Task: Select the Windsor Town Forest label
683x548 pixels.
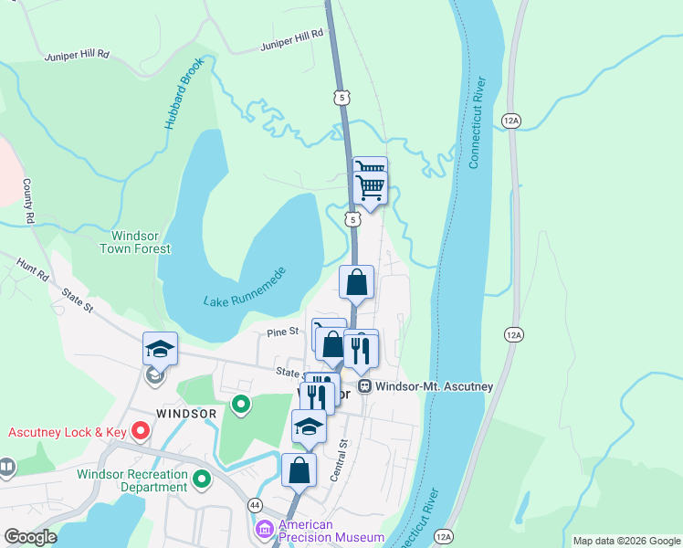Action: [x=134, y=241]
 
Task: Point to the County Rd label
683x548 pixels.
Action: [x=28, y=202]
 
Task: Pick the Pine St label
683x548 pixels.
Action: [x=283, y=332]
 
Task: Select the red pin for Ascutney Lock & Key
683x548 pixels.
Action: [x=140, y=429]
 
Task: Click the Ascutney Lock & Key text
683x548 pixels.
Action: [x=68, y=430]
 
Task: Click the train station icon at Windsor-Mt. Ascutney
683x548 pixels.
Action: [x=364, y=386]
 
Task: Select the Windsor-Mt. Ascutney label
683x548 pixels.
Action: [x=435, y=386]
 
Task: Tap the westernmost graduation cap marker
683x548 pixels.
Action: [x=160, y=350]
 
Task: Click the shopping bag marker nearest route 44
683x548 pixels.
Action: [x=299, y=471]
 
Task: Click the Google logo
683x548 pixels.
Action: [x=30, y=537]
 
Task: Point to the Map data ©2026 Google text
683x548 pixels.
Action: [x=625, y=541]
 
